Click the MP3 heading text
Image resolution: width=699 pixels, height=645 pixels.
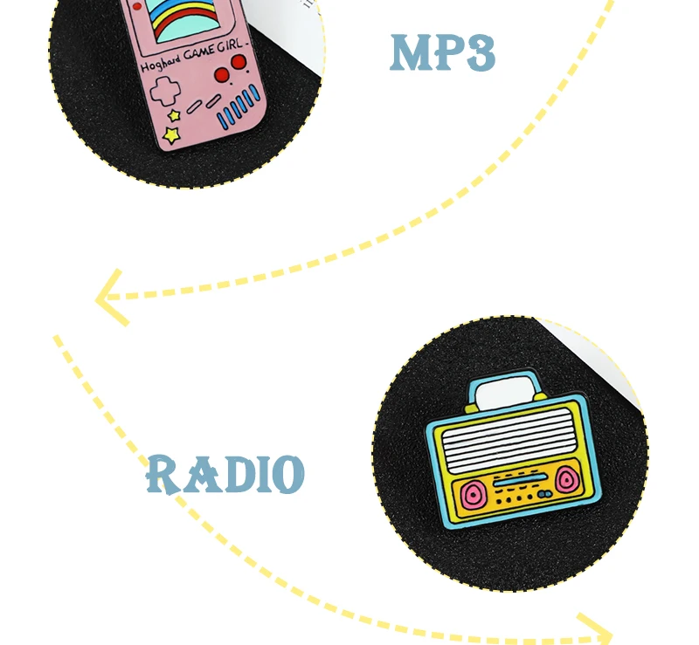442,53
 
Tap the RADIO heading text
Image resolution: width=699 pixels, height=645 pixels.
225,475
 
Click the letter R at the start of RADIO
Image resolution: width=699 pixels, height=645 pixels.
163,474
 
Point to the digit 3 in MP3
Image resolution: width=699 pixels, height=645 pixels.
479,53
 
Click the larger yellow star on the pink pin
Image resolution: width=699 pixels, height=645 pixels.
171,135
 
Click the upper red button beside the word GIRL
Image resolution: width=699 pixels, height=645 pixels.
237,62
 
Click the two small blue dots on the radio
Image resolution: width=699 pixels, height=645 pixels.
543,494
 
